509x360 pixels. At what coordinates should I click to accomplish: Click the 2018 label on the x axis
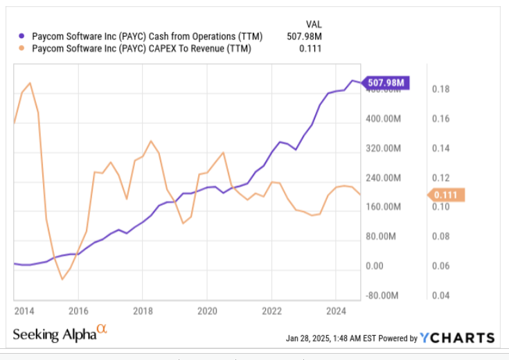point(142,310)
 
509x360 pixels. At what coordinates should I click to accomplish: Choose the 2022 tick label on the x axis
point(271,310)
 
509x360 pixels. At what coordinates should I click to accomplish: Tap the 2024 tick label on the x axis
point(335,310)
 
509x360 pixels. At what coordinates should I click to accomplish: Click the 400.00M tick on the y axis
point(382,119)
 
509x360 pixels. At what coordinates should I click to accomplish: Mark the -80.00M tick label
point(382,296)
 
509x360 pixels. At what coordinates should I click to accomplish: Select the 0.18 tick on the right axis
point(441,89)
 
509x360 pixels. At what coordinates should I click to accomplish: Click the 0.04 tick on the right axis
point(441,296)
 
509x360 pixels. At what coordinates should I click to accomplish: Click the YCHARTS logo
point(458,338)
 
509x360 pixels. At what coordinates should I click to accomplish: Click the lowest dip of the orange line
point(62,280)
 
